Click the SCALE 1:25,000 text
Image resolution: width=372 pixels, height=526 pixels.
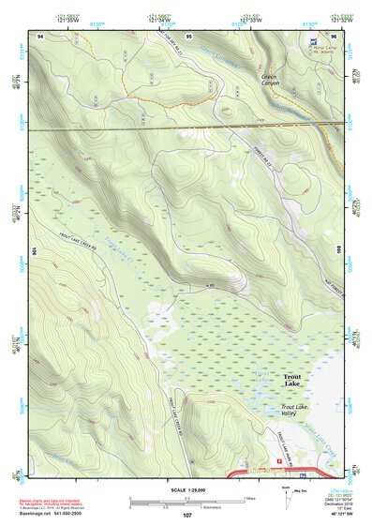186,489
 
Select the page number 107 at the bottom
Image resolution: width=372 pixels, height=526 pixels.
187,515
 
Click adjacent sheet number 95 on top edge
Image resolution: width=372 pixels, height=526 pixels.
188,35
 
